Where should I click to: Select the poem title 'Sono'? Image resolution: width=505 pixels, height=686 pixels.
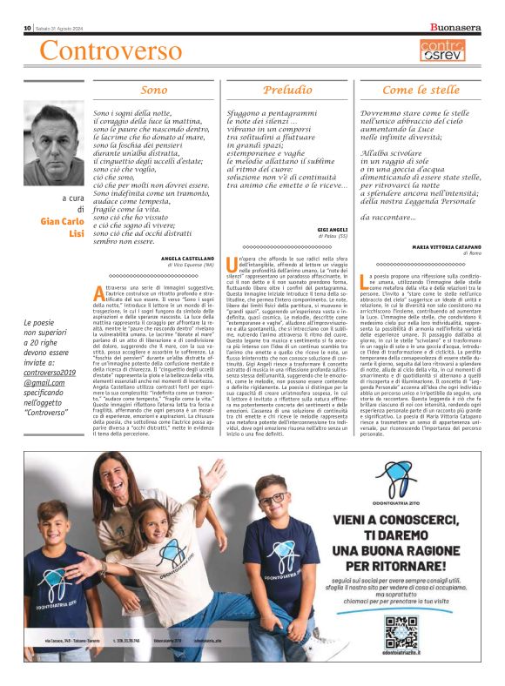click(x=153, y=90)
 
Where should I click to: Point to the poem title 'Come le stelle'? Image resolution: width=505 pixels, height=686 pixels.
click(x=421, y=90)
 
